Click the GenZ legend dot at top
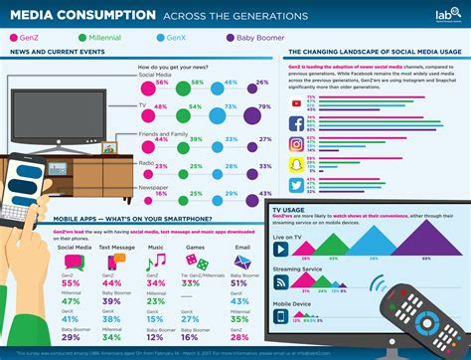pos(11,38)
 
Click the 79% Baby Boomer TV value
pos(261,106)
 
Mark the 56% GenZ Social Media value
pos(160,83)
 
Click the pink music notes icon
pos(156,261)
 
